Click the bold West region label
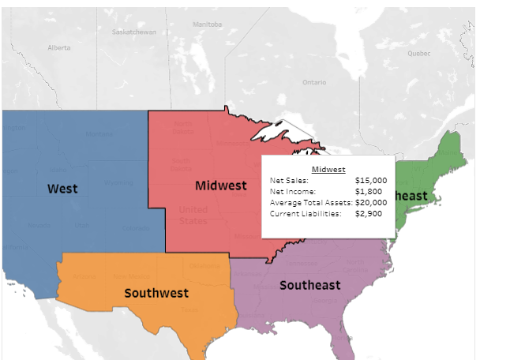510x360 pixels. pos(62,188)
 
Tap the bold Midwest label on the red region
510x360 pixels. pos(221,185)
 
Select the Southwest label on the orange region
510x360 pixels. pos(156,293)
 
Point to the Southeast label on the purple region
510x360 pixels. pos(309,284)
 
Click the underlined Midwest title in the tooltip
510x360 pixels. pos(328,169)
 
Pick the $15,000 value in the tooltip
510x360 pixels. pos(371,180)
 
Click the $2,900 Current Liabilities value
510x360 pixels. pos(369,213)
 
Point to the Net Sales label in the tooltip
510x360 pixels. pos(288,180)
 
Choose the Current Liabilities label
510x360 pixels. pos(306,213)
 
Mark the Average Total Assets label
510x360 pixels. pos(306,202)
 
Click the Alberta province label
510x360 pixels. pos(59,47)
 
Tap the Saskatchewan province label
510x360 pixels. pos(134,32)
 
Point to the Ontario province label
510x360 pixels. pos(313,81)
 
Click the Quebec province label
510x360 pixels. pos(419,54)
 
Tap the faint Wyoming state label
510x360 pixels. pos(118,182)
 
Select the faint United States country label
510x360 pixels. pos(193,215)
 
